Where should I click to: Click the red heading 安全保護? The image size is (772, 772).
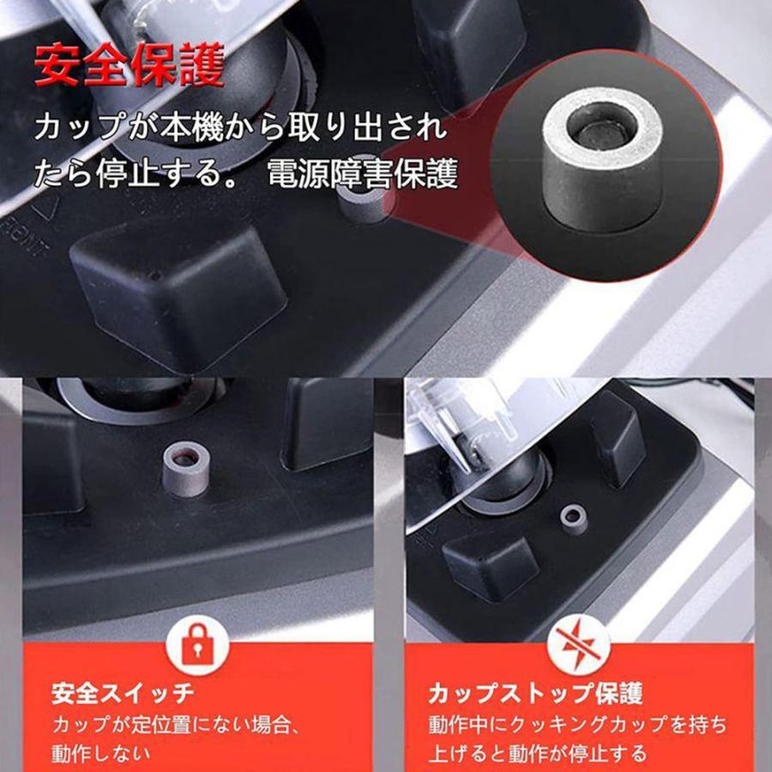pyautogui.click(x=129, y=66)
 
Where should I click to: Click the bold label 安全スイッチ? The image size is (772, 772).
pyautogui.click(x=123, y=692)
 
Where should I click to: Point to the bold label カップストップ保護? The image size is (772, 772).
pyautogui.click(x=535, y=692)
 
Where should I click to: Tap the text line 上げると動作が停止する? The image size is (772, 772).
pyautogui.click(x=538, y=754)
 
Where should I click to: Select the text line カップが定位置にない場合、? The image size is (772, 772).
pyautogui.click(x=175, y=724)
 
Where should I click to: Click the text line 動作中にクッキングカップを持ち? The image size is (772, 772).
pyautogui.click(x=577, y=724)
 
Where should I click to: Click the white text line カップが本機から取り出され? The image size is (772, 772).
pyautogui.click(x=240, y=130)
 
